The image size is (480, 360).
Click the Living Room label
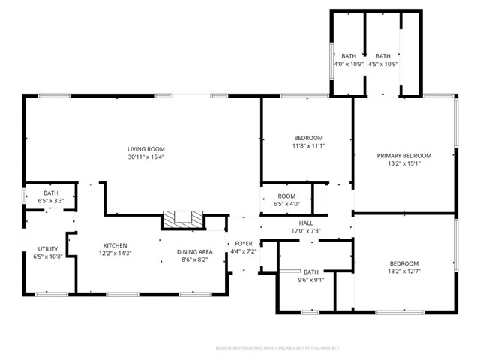[x=145, y=149]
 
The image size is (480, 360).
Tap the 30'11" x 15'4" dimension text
[x=145, y=157]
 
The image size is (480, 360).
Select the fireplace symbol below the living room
[x=184, y=220]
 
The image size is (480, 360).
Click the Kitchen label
[x=115, y=245]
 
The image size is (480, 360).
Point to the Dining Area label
[x=194, y=252]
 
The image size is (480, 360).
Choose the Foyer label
[x=244, y=244]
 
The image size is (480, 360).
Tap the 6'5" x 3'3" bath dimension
[x=51, y=201]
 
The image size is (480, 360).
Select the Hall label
[x=306, y=223]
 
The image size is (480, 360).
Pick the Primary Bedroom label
[x=403, y=155]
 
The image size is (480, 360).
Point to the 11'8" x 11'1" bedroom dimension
[x=308, y=145]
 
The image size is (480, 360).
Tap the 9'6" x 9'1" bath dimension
[x=310, y=280]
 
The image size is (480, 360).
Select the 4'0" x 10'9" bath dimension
[x=349, y=64]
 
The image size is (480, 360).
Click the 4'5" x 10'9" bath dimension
[x=383, y=64]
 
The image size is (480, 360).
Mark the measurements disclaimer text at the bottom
[x=277, y=348]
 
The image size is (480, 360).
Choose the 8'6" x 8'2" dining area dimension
[x=194, y=259]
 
